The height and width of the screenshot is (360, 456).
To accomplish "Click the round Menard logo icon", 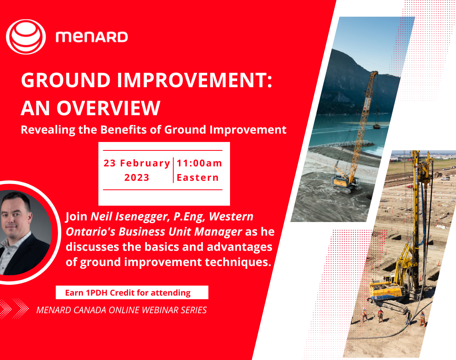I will [26, 37].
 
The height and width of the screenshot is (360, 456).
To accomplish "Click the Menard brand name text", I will [92, 37].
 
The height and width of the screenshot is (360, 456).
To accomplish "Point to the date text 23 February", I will [137, 163].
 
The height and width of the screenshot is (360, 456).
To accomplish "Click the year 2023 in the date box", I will [137, 178].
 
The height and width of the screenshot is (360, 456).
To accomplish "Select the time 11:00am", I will [199, 163].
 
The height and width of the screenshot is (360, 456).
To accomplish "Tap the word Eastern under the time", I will [198, 178].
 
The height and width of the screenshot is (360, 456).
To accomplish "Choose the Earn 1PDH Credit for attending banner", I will [132, 293].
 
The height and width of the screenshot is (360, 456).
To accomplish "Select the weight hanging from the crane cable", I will [376, 127].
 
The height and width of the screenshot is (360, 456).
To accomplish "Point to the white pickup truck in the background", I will [445, 179].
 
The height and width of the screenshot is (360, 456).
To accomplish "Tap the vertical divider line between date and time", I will [173, 170].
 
